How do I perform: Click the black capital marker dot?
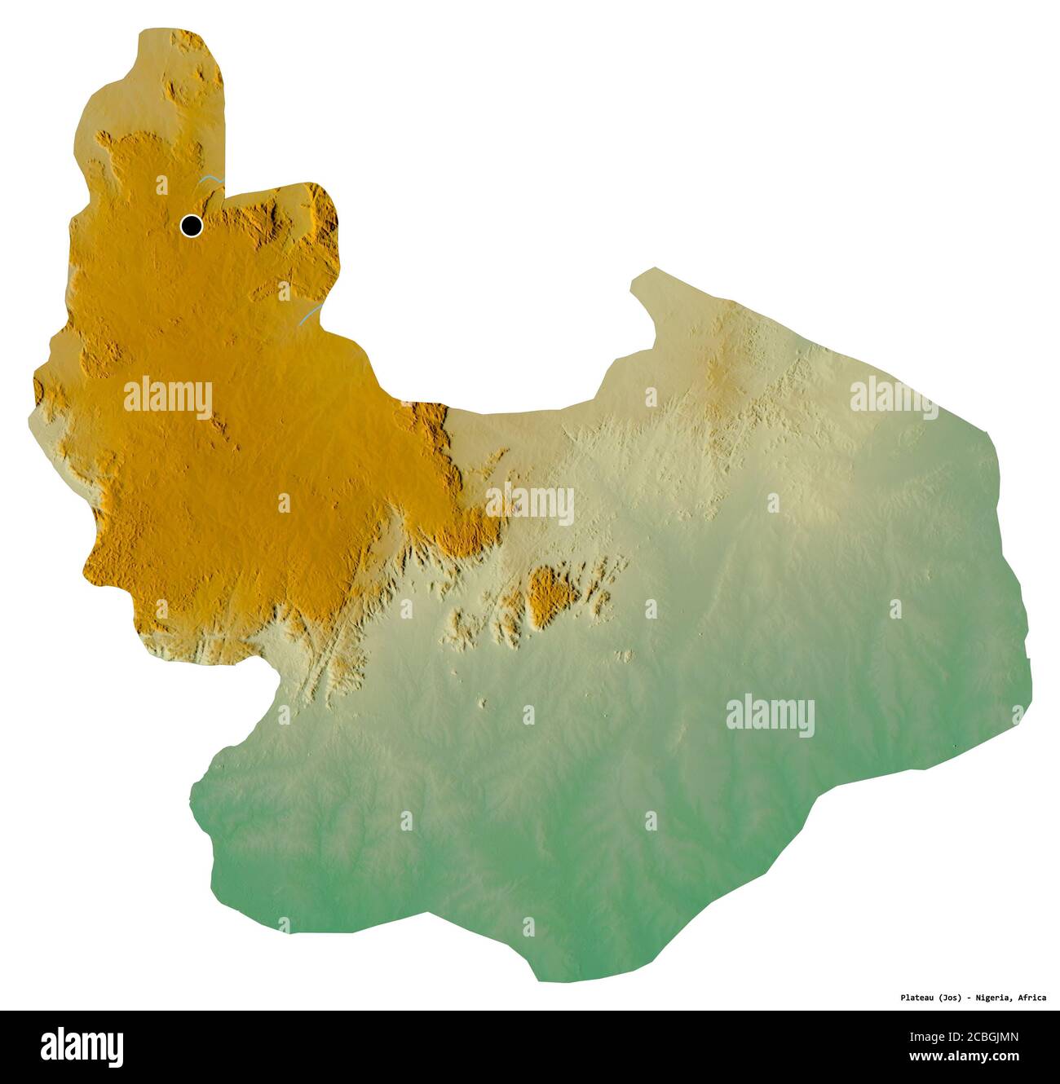tap(192, 225)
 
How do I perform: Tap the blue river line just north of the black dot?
tap(211, 179)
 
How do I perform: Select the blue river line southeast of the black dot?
tap(307, 315)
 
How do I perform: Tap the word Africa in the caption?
tap(1033, 997)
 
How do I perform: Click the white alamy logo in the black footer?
tap(82, 1046)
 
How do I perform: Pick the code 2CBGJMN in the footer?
tap(992, 1038)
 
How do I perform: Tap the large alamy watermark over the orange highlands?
tap(168, 398)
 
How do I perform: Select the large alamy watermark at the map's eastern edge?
tap(894, 397)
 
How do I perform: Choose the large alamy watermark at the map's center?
tap(530, 504)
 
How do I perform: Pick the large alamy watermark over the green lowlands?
tap(770, 716)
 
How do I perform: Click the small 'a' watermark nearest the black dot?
tap(161, 185)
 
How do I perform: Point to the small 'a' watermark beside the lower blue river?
tap(284, 291)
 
